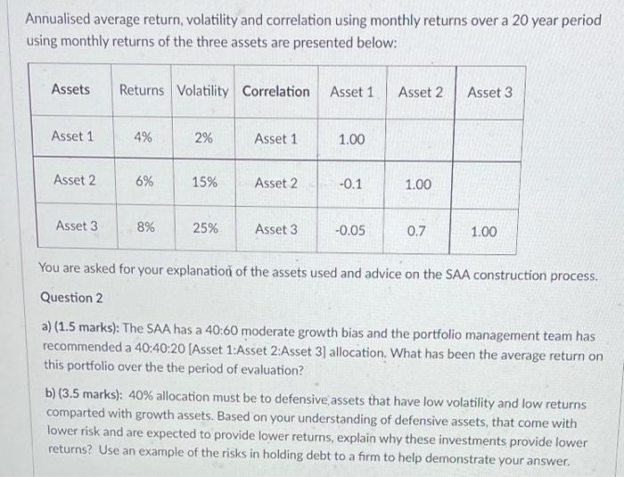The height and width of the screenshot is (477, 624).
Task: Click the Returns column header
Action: pos(142,90)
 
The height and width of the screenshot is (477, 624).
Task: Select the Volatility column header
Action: pos(202,90)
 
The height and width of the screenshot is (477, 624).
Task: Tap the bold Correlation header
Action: pos(275,91)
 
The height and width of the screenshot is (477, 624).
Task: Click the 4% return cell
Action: pos(142,137)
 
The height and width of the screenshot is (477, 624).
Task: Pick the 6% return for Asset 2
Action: pos(144,180)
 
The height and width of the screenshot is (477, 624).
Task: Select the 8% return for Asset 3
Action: pos(144,226)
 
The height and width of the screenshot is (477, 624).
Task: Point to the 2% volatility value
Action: pos(203,138)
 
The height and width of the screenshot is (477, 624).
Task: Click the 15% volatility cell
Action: pos(204,182)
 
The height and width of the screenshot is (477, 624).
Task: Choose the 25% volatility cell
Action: pos(205,227)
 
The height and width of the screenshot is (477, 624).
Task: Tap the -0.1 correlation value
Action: pos(350,184)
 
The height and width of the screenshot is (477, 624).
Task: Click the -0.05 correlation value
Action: pos(349,230)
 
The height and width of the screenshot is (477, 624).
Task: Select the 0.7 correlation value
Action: pos(416,230)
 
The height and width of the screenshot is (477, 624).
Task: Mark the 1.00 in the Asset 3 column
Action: pos(483,232)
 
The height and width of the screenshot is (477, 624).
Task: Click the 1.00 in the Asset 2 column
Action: pos(417,185)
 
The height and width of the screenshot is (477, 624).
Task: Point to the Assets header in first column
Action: pos(70,89)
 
